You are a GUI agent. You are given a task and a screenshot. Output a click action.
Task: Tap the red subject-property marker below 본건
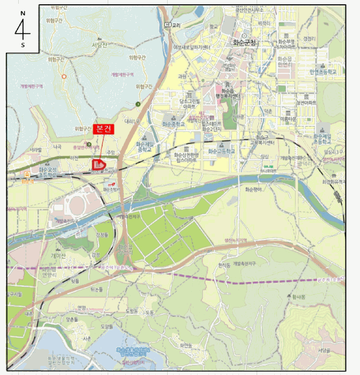[x=99, y=164]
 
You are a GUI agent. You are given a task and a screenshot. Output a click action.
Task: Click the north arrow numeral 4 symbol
[x=22, y=28]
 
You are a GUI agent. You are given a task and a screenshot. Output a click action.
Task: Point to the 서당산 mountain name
[x=99, y=45]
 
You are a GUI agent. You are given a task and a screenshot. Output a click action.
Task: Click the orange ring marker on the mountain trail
[x=64, y=77]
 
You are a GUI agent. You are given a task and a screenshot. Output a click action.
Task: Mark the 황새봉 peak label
[x=299, y=296]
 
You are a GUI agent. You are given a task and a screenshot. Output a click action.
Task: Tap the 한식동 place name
[x=224, y=265]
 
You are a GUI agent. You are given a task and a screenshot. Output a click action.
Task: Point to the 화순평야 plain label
[x=253, y=189]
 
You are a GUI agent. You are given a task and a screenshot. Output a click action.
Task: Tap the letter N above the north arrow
[x=22, y=12]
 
